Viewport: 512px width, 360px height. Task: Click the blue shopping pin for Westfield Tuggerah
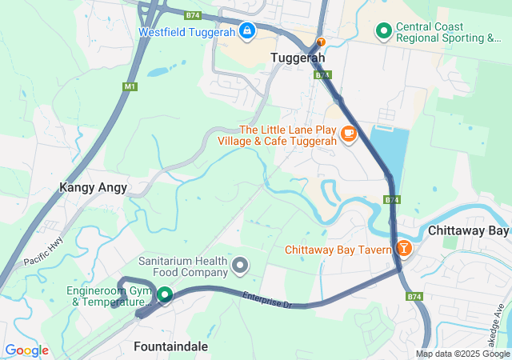click(247, 32)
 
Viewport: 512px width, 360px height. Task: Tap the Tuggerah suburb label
click(298, 58)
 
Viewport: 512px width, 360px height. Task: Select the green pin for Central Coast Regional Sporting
click(383, 32)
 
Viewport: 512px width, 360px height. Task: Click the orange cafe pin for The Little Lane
click(348, 134)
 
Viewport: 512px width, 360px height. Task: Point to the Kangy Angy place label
click(93, 187)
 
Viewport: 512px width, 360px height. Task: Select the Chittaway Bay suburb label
click(468, 230)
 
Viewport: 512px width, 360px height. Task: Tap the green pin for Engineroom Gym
click(165, 295)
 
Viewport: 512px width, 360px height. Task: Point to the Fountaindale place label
click(170, 346)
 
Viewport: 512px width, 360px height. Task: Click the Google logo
click(26, 350)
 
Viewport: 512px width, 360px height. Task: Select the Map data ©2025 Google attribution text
click(462, 354)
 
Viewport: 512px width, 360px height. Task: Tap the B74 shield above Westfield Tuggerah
click(192, 14)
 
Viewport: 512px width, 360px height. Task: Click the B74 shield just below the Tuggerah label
click(322, 74)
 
